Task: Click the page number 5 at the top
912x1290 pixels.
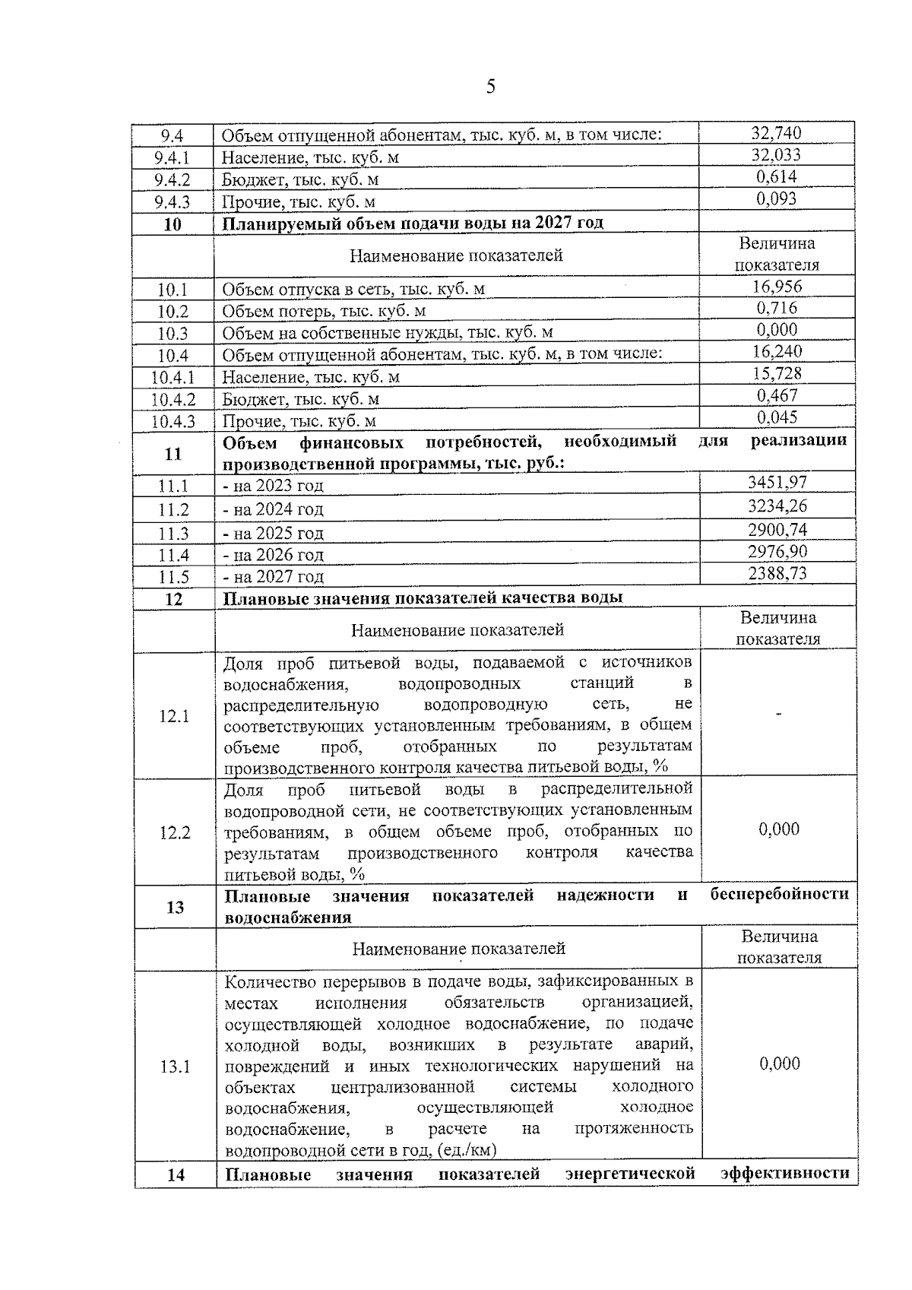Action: tap(490, 86)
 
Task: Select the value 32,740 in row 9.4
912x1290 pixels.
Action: tap(776, 133)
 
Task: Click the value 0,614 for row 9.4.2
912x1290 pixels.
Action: tap(776, 177)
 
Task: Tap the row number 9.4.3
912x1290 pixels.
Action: tap(172, 202)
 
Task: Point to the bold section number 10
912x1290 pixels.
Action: tap(173, 224)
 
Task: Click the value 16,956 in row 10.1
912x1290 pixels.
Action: tap(777, 287)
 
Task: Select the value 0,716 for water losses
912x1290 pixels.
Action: tap(777, 308)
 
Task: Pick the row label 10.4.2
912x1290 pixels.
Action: tap(173, 399)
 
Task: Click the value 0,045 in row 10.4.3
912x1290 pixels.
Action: tap(777, 417)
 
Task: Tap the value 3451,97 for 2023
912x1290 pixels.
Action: tap(777, 482)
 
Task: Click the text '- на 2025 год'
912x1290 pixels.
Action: tap(274, 533)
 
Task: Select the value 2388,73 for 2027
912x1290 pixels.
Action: tap(777, 573)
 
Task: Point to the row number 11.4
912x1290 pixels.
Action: tap(173, 556)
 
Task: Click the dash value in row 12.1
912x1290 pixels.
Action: tap(778, 714)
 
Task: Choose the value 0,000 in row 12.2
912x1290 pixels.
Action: tap(779, 829)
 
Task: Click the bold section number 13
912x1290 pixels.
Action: tap(175, 907)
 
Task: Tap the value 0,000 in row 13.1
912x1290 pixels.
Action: tap(780, 1063)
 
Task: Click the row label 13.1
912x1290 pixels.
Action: tap(175, 1067)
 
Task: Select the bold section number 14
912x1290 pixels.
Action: tap(176, 1196)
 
